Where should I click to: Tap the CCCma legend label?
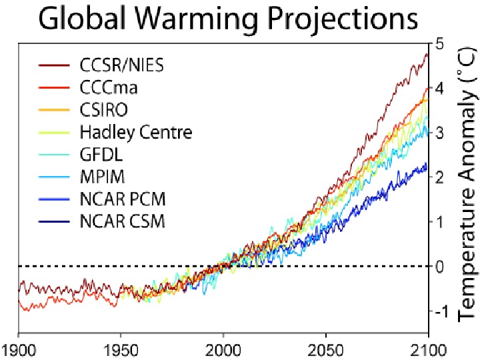[107, 87]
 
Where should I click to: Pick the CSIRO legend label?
[105, 109]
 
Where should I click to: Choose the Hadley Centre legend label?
[135, 132]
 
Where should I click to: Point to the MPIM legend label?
[102, 177]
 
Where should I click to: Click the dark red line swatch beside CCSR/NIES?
[54, 66]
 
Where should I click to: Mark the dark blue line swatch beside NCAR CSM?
[54, 221]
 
